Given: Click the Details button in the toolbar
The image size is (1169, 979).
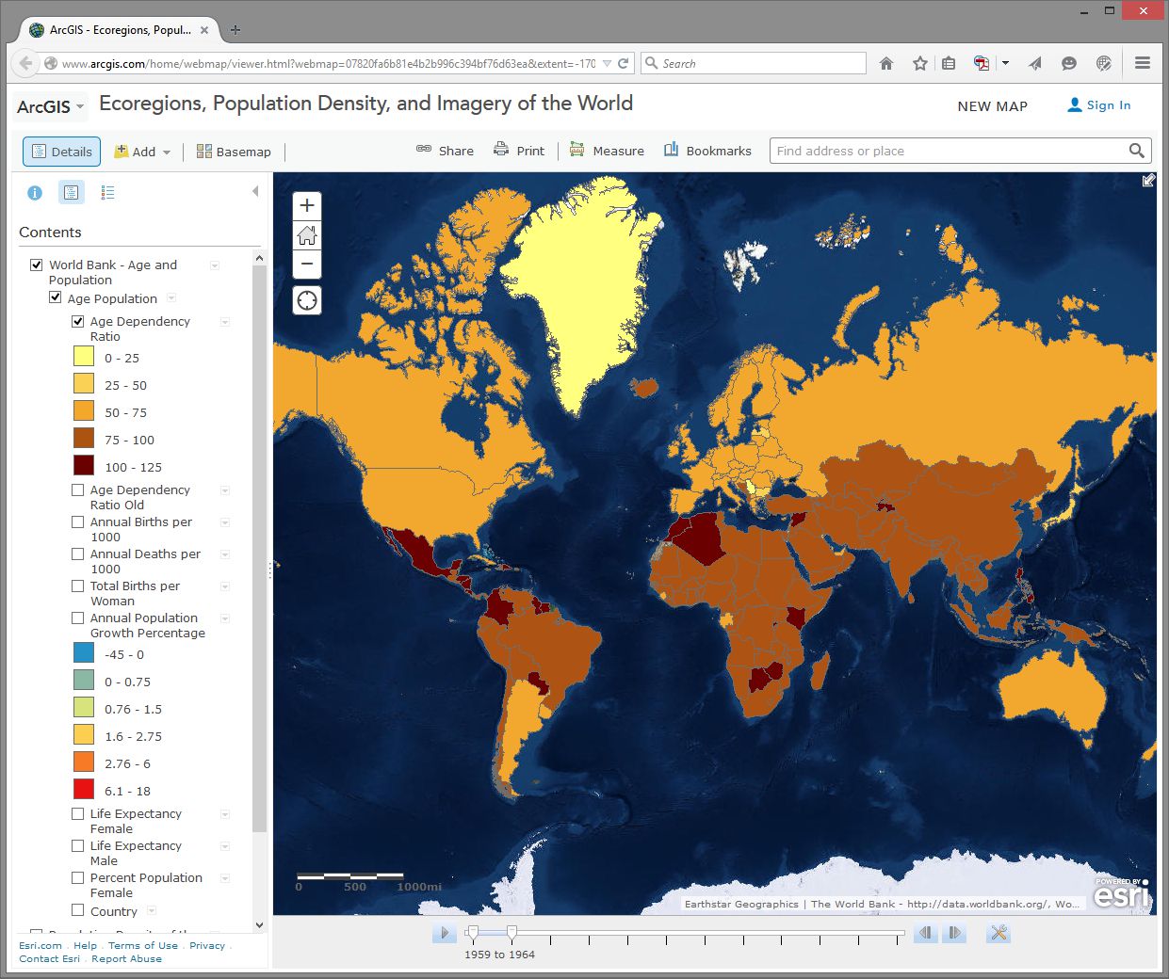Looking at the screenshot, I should point(61,152).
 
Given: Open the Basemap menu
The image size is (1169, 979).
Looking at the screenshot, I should point(234,152).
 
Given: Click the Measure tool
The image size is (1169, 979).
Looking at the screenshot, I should point(607,151).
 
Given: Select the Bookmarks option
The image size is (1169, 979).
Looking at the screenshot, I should point(707,151).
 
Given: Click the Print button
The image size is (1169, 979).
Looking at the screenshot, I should point(519,151).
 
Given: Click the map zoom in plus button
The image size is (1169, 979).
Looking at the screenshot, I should point(307,206).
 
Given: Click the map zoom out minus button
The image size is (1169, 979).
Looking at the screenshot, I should point(307,264).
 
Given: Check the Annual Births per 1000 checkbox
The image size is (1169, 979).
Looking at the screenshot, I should point(78,522).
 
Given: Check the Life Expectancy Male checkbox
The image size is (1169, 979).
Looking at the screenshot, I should point(78,846).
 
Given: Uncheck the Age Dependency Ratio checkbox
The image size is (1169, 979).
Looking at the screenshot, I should point(78,322).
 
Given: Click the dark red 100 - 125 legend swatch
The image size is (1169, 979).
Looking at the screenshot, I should point(84,466).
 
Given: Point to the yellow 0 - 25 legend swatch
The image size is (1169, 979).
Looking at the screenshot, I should point(84,357).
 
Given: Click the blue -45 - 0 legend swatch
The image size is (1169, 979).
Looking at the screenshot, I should point(84,653).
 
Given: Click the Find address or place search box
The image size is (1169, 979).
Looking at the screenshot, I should point(947,151).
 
